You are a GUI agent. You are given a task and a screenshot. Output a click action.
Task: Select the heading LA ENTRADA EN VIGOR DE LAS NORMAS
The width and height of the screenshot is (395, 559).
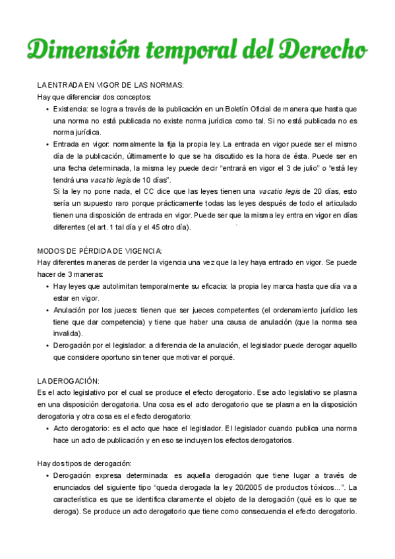click(110, 84)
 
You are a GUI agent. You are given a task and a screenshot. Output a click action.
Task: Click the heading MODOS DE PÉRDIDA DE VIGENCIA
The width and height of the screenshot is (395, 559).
click(100, 250)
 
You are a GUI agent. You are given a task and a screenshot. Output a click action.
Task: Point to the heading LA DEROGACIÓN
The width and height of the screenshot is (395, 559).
click(68, 380)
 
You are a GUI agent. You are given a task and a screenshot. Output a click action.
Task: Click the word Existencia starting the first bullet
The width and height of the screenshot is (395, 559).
click(69, 108)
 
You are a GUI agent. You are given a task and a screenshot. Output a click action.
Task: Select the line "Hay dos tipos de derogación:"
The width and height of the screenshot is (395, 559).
click(84, 463)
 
